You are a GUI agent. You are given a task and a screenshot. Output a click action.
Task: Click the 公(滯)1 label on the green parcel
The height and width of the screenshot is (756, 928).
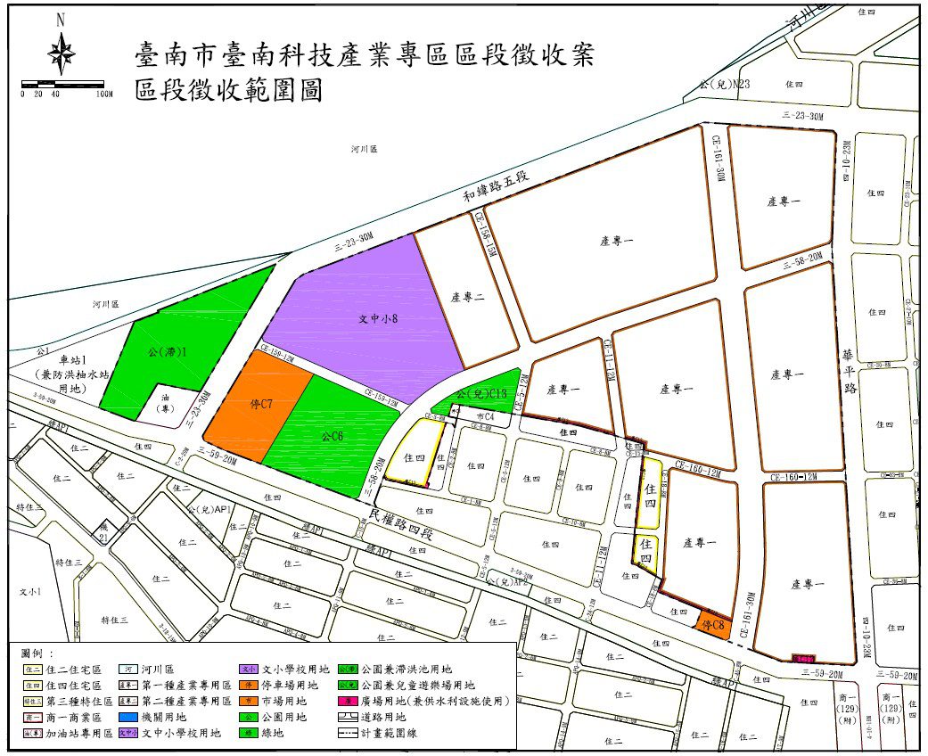tap(168, 350)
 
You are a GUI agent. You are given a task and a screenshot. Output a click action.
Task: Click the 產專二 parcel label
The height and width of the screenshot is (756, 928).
tap(467, 298)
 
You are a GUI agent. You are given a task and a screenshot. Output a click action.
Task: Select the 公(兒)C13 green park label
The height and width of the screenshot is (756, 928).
tap(481, 393)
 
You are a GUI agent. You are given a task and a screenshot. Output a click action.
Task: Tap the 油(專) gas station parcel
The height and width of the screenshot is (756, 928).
tap(166, 404)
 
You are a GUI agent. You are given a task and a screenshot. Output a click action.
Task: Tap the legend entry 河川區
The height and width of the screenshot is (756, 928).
tap(161, 669)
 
